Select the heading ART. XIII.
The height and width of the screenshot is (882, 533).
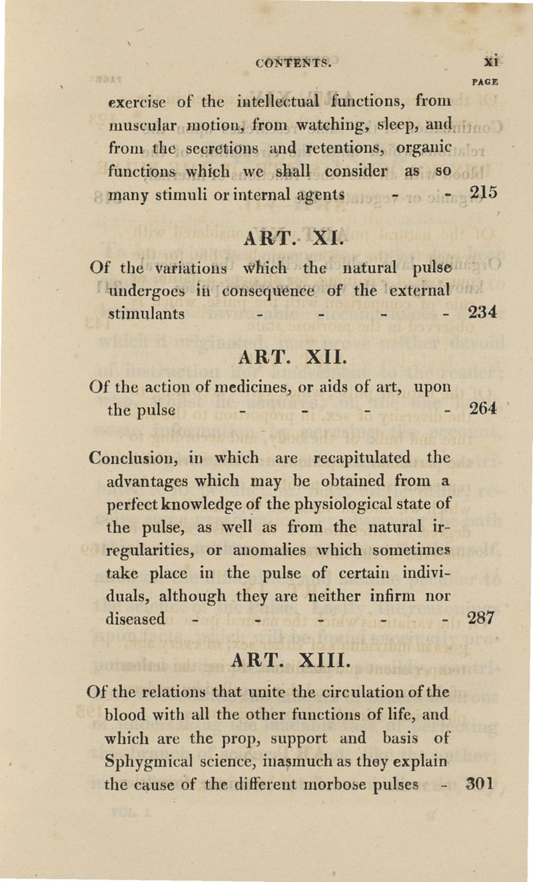tap(287, 660)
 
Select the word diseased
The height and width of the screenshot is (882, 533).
tap(136, 618)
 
